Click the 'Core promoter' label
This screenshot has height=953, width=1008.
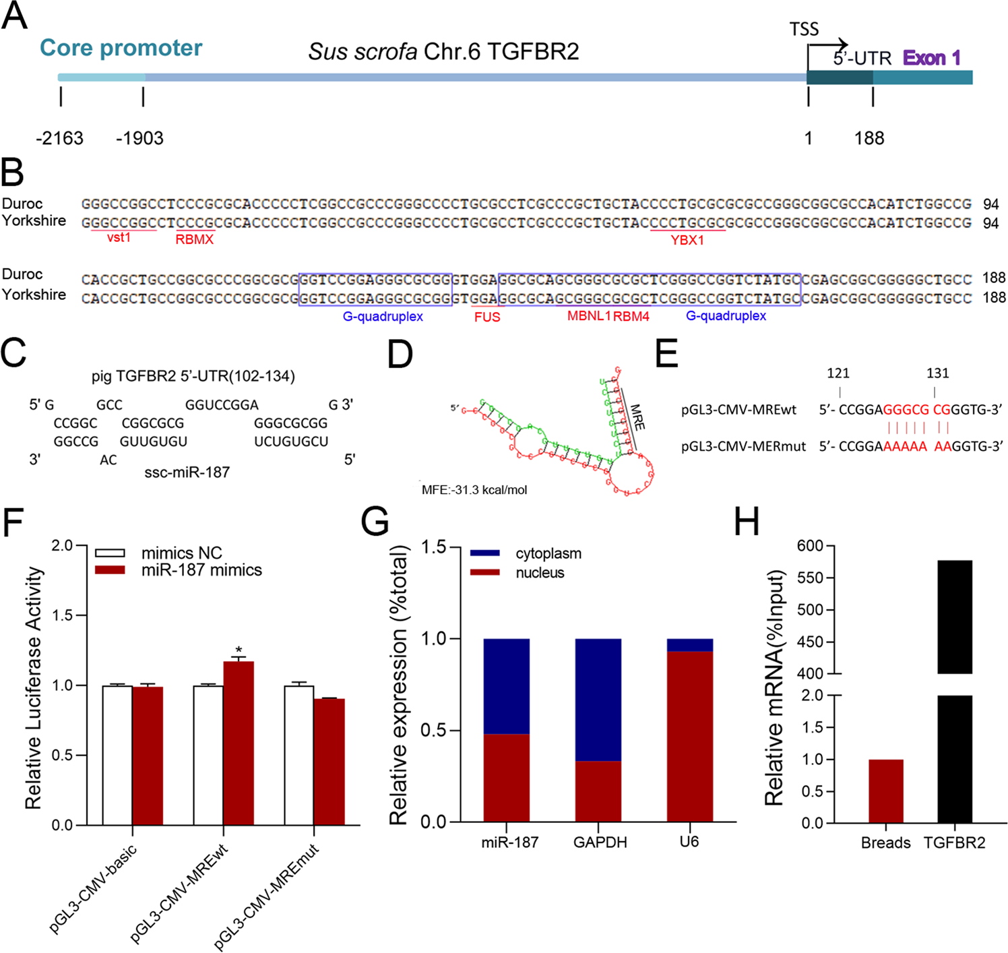pos(121,48)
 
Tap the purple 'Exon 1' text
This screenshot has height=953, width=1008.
pos(932,58)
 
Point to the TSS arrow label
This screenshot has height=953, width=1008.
pos(804,30)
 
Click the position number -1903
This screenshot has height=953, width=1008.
pos(139,138)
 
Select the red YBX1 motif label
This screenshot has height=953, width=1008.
pos(687,240)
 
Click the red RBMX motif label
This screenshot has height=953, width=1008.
pos(195,239)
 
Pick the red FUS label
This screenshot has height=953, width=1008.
pos(486,317)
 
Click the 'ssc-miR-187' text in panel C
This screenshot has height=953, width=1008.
pos(187,472)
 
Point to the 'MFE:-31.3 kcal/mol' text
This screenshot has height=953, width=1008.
pos(474,490)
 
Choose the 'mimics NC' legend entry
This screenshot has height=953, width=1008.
pos(181,553)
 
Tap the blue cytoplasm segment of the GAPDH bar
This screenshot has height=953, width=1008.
pos(598,700)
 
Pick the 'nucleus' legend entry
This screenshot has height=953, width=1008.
pos(540,573)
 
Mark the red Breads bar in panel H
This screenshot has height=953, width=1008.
pos(886,791)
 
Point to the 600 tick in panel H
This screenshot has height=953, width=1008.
pos(811,546)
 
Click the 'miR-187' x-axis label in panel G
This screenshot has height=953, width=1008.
pos(510,842)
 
